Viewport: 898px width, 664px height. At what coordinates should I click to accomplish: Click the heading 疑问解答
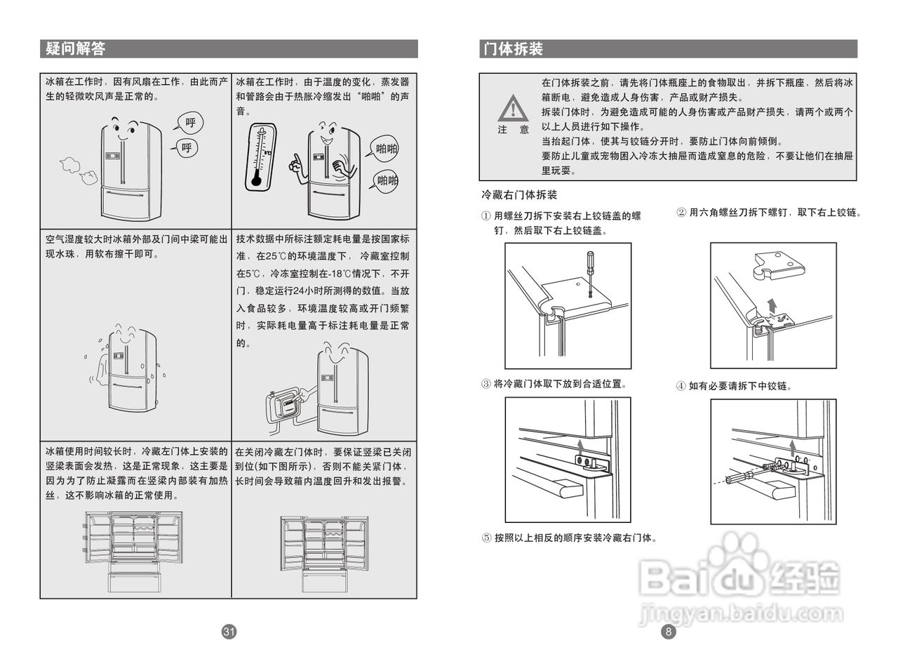76,48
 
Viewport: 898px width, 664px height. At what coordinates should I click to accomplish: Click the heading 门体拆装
513,48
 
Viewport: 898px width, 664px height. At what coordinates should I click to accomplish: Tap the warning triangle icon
514,109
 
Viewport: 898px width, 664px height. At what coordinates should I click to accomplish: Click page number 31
229,632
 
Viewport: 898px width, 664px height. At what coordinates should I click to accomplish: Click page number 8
669,632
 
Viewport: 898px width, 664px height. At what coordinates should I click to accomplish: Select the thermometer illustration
260,157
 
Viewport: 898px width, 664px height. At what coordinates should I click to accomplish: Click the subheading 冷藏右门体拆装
519,194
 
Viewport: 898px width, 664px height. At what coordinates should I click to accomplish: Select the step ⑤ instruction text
570,538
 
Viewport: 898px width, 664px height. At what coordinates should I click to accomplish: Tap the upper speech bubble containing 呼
189,124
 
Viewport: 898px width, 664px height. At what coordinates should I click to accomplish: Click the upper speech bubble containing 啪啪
386,149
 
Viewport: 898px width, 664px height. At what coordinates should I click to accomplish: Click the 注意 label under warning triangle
514,130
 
